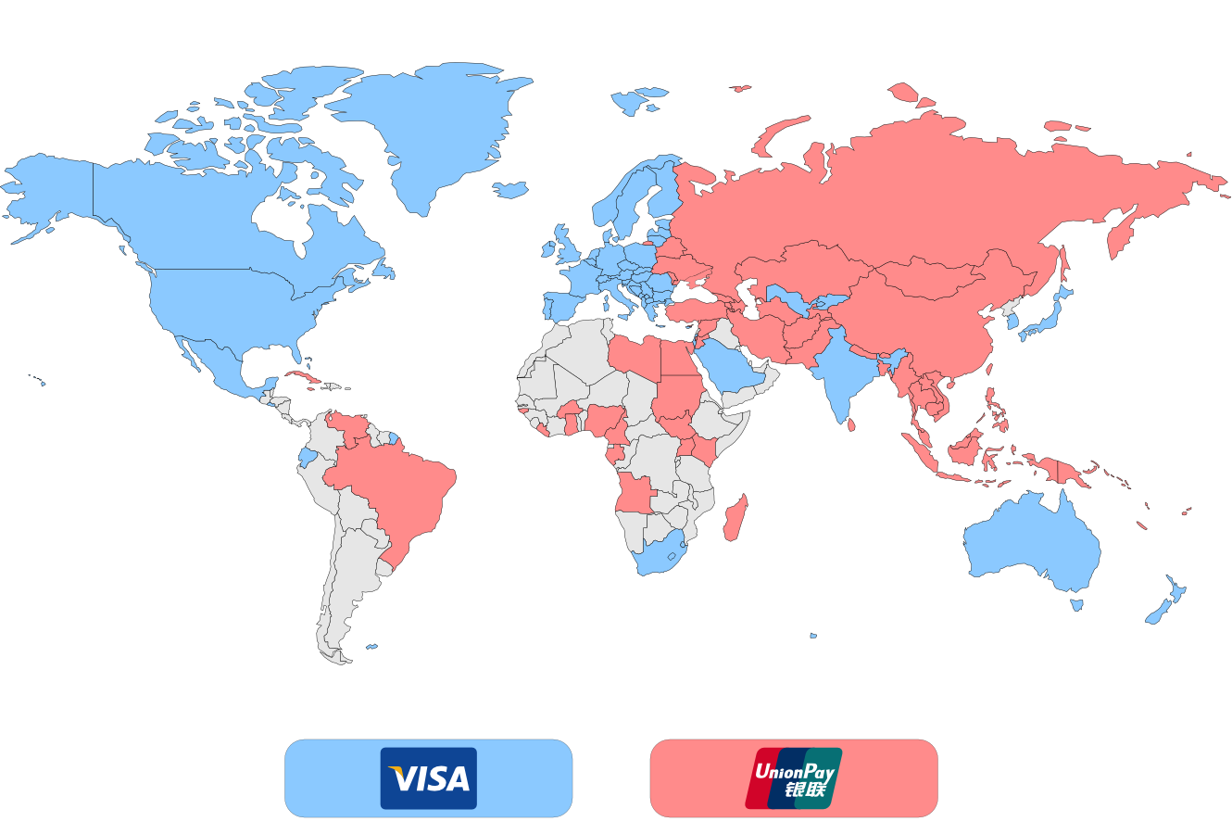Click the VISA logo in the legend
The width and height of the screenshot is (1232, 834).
click(x=428, y=778)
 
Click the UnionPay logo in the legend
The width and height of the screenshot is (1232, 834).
click(x=794, y=778)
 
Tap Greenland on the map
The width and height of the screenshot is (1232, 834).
click(x=435, y=130)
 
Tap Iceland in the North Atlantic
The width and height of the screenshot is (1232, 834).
click(x=639, y=99)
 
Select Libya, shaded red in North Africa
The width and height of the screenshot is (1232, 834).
click(x=635, y=356)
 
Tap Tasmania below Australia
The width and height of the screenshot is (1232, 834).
click(x=1077, y=605)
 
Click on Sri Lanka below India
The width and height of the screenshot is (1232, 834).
click(x=851, y=425)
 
